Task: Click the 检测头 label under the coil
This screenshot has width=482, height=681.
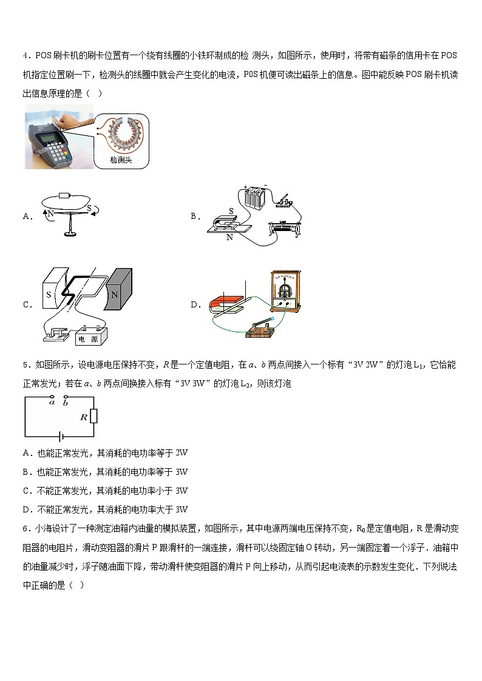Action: point(121,160)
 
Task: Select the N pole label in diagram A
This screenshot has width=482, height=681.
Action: point(50,213)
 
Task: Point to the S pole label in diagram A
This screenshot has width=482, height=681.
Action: point(89,208)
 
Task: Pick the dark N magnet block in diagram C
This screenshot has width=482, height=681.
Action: point(119,295)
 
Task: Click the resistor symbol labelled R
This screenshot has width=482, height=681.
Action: point(93,417)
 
